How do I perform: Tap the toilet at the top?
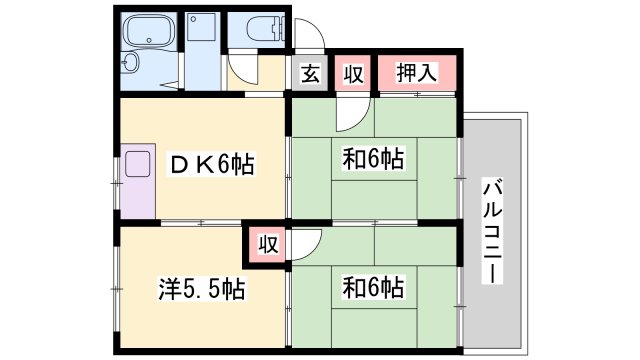click(x=258, y=29)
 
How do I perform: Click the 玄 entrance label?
click(x=309, y=73)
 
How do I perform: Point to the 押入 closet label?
click(x=416, y=72)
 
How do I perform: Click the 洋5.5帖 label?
click(x=202, y=290)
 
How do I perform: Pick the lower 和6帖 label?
click(x=372, y=289)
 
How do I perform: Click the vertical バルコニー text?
click(x=493, y=229)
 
